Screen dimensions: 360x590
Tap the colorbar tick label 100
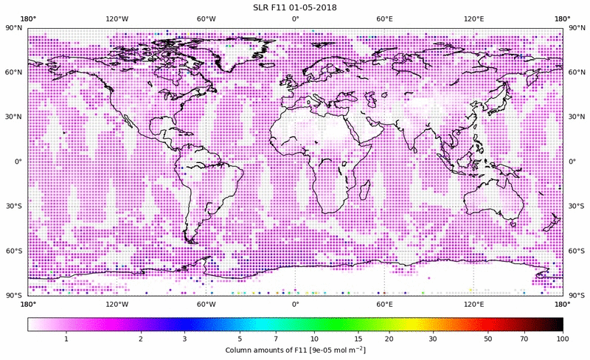563,339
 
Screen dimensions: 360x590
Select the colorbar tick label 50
487,339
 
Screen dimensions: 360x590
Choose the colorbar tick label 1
66,339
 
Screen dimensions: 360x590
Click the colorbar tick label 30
433,339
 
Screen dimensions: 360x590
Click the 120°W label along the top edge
117,19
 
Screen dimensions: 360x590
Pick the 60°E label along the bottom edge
384,303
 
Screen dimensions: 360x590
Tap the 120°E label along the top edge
473,19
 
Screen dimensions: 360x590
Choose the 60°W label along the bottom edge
206,303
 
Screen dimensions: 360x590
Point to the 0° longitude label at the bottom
295,303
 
